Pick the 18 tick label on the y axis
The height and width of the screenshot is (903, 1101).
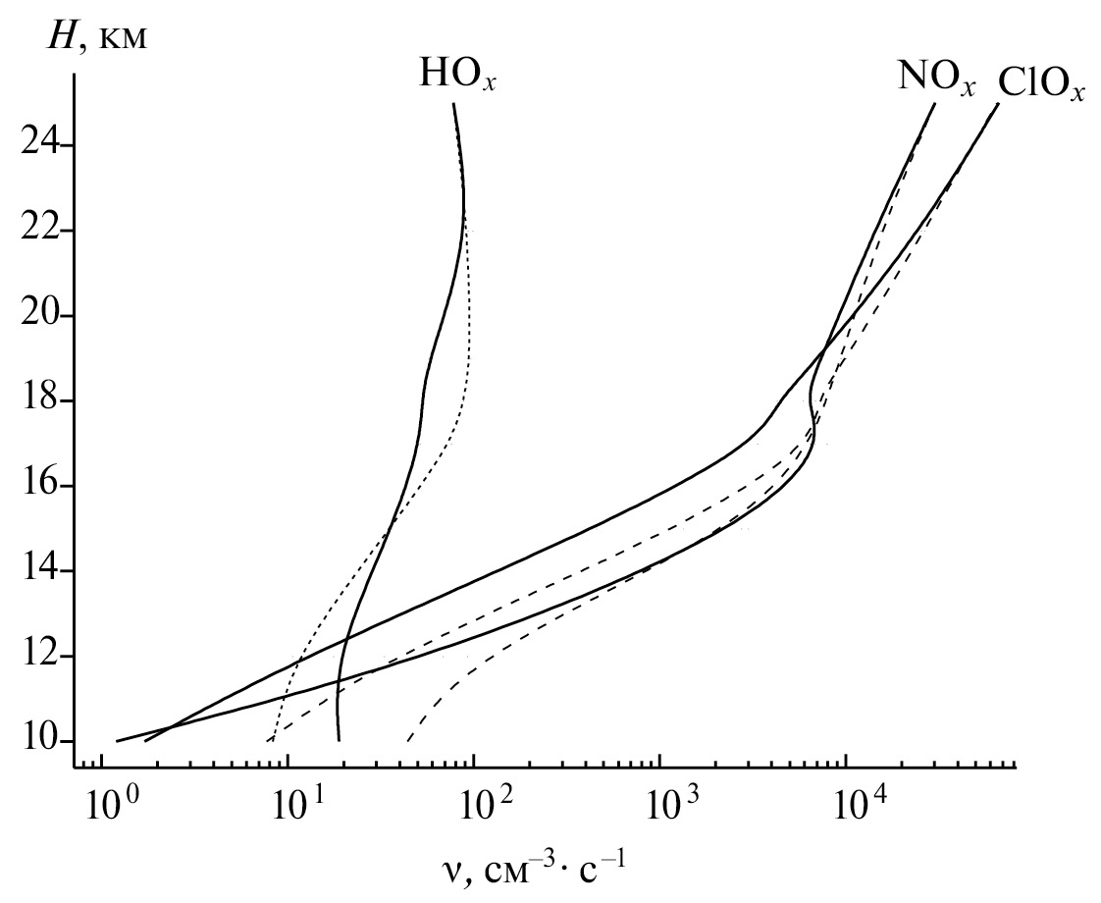(x=39, y=400)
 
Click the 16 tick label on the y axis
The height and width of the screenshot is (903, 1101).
(x=39, y=486)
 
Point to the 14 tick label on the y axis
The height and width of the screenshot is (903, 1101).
(x=39, y=570)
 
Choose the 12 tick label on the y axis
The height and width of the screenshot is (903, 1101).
(x=39, y=656)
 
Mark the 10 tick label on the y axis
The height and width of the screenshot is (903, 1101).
(x=39, y=741)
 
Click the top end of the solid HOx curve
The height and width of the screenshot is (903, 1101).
(x=453, y=104)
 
